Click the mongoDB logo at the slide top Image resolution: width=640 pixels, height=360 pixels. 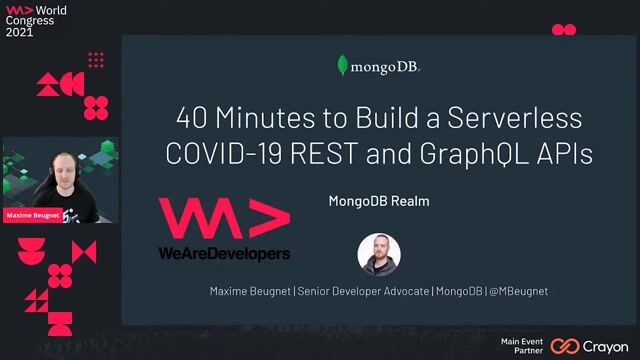pyautogui.click(x=378, y=67)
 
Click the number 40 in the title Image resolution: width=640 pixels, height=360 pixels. pyautogui.click(x=193, y=120)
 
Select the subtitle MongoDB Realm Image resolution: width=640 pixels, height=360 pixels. pyautogui.click(x=379, y=201)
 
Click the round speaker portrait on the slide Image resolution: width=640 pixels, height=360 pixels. pyautogui.click(x=379, y=253)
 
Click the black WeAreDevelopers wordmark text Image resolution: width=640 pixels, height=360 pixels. pyautogui.click(x=224, y=255)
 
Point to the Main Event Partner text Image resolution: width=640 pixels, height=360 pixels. pyautogui.click(x=522, y=346)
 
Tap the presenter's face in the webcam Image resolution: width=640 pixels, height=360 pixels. pyautogui.click(x=51, y=166)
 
